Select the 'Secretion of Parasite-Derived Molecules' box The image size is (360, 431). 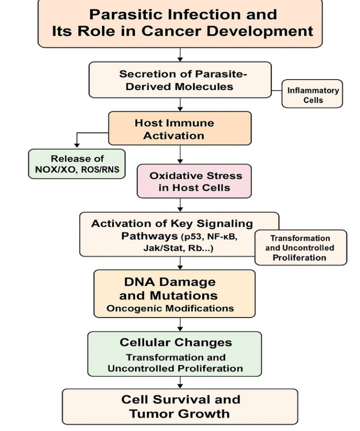click(180, 80)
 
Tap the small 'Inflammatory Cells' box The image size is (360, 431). click(312, 95)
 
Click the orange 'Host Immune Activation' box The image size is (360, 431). click(179, 128)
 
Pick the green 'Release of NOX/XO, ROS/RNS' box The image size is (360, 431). click(76, 164)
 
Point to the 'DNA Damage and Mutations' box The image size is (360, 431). click(174, 293)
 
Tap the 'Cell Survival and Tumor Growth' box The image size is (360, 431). click(180, 406)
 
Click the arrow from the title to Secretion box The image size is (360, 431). click(180, 54)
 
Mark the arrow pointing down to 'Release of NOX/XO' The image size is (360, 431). click(77, 141)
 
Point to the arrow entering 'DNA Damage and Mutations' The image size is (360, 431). click(180, 263)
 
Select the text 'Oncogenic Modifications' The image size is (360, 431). click(170, 308)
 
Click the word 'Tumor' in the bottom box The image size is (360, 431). click(153, 414)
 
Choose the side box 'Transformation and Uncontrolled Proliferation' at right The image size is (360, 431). click(301, 247)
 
